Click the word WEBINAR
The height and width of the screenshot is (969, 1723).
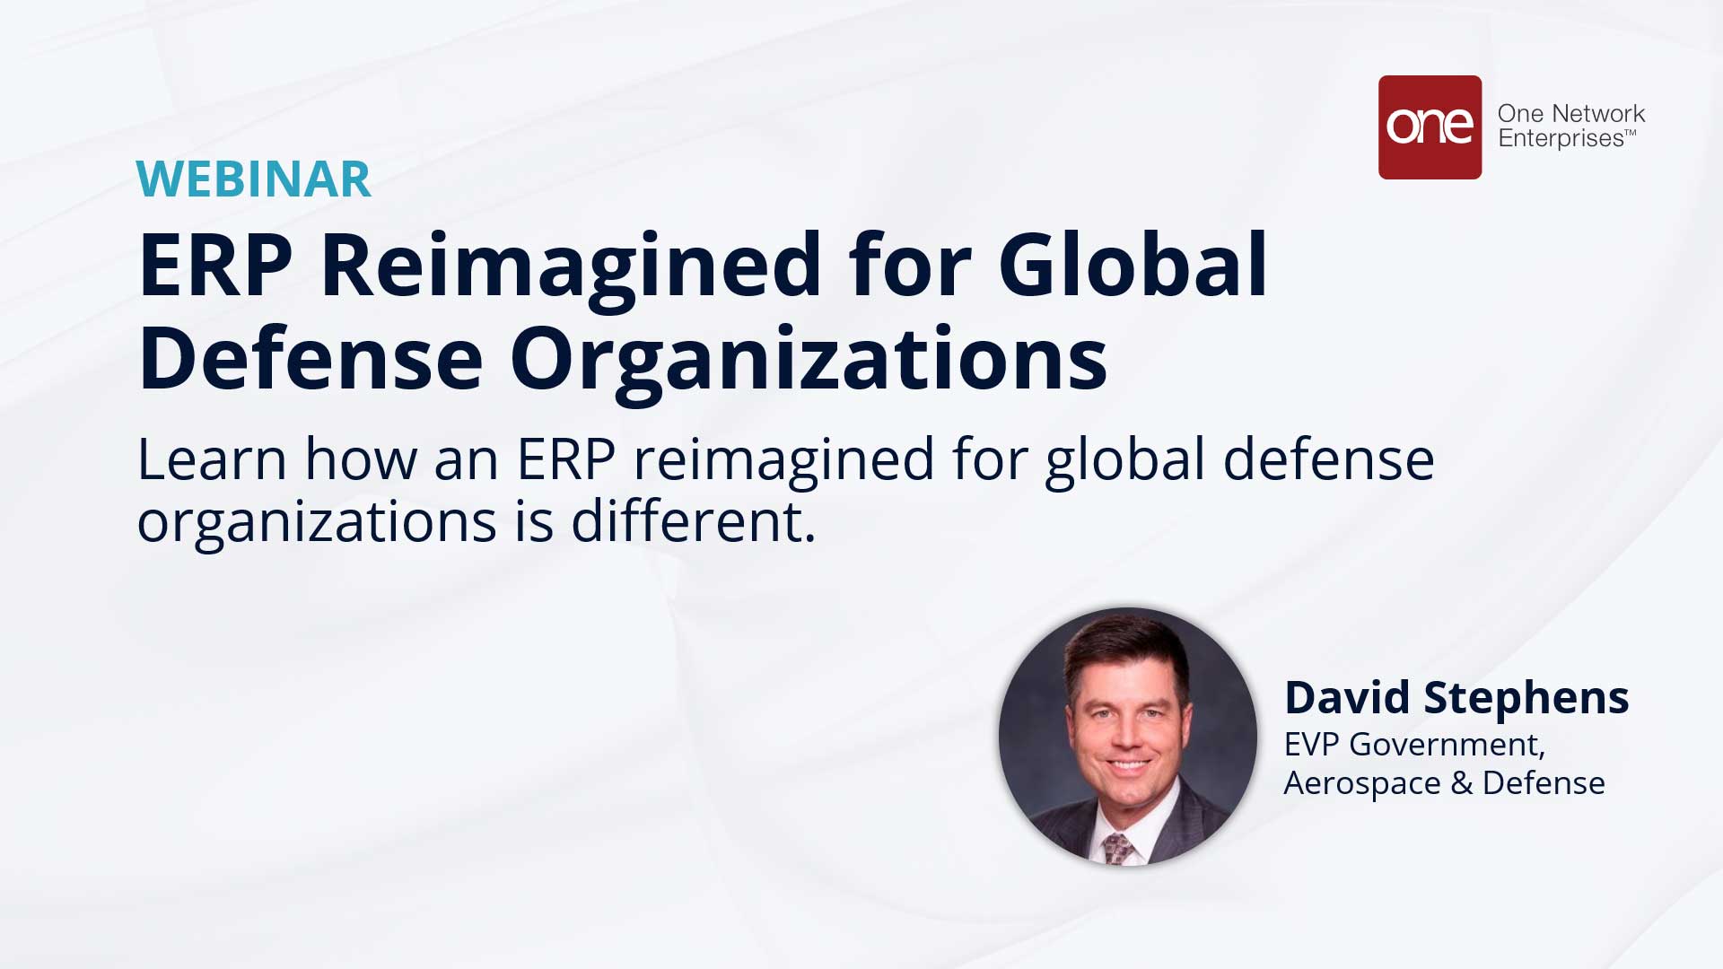(x=253, y=179)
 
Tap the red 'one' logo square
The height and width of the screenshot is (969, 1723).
(x=1430, y=127)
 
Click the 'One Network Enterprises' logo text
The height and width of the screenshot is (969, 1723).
(x=1570, y=126)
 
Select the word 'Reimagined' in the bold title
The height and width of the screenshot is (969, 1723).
(x=571, y=266)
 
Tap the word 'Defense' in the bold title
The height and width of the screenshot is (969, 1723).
(x=310, y=359)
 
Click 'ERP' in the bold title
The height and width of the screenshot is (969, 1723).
(x=215, y=266)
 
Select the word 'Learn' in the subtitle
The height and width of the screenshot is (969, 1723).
(x=212, y=459)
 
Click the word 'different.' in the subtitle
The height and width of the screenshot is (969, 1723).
(x=694, y=521)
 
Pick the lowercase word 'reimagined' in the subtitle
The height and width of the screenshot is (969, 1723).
(x=784, y=461)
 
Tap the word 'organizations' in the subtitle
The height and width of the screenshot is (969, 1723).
(x=317, y=523)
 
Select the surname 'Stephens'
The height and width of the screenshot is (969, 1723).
(x=1526, y=699)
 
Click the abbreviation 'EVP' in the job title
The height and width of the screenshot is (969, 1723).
(x=1311, y=745)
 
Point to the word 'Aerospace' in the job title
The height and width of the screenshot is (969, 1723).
(x=1362, y=784)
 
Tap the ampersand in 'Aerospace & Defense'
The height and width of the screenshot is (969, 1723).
(x=1461, y=783)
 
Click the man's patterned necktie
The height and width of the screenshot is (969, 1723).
(x=1119, y=847)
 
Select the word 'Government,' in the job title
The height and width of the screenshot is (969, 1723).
(x=1447, y=746)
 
